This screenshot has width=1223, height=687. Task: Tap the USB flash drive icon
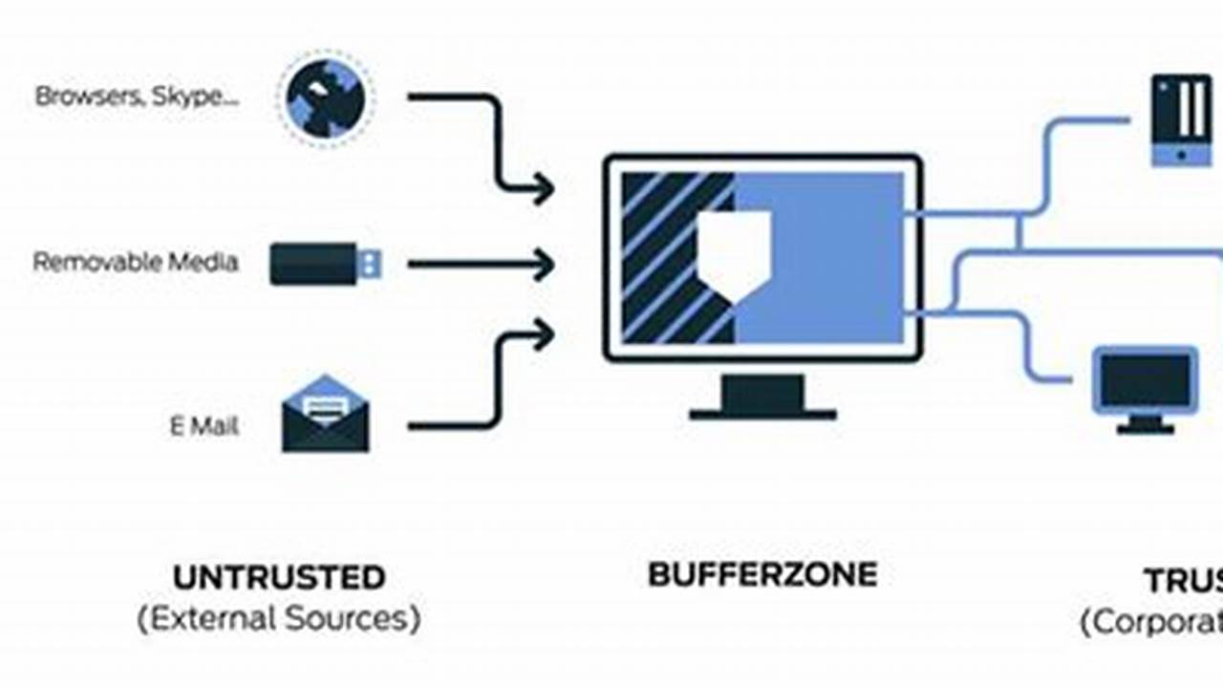[325, 263]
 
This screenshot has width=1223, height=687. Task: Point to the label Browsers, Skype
[137, 97]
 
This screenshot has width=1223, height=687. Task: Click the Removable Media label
[136, 262]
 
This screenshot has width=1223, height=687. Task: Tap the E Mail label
[204, 426]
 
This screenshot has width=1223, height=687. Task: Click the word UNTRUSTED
[279, 577]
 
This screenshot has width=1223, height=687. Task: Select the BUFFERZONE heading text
[762, 574]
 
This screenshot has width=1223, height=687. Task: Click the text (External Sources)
[279, 619]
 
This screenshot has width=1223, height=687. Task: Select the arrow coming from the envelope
[492, 382]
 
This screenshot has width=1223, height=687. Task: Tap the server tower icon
[1181, 119]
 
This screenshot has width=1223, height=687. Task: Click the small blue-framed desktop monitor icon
[1145, 387]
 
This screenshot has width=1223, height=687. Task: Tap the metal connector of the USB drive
[370, 263]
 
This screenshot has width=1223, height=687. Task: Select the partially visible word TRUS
[1183, 580]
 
